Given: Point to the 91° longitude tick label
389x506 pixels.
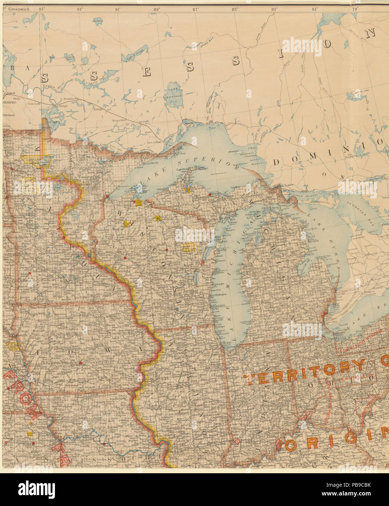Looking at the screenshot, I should point(118,9).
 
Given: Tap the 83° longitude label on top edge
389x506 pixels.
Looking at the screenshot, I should point(274,9).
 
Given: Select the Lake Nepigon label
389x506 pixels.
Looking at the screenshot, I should point(174,91).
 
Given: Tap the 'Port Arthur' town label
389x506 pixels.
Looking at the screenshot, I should point(154,143).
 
